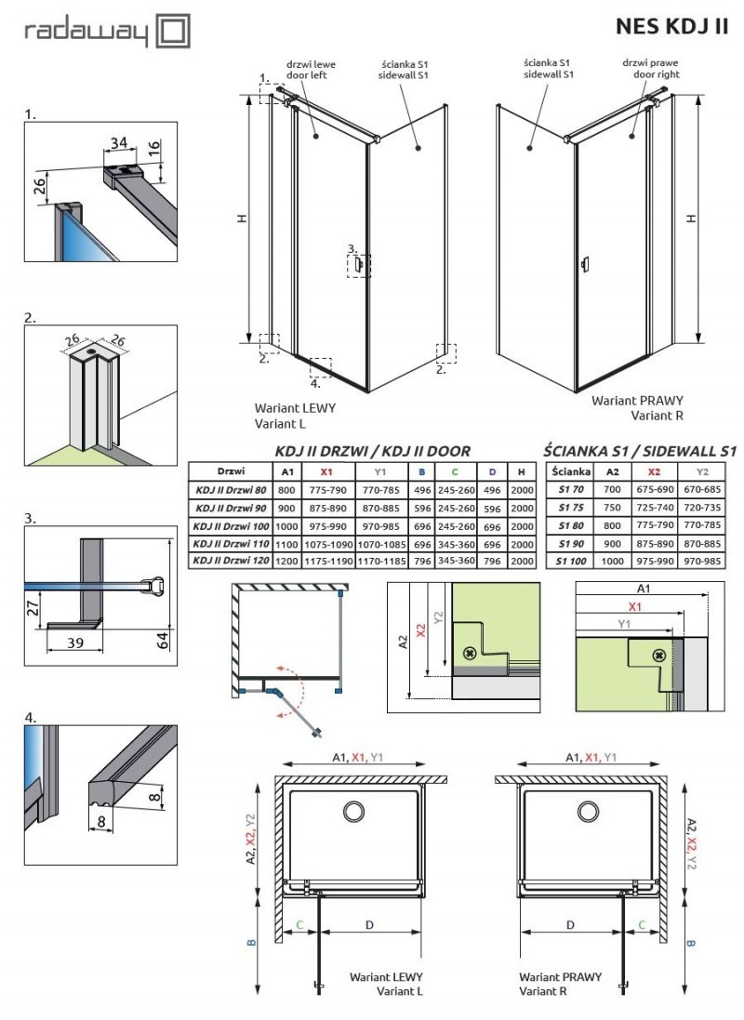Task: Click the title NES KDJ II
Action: [671, 27]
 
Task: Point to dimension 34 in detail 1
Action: [118, 142]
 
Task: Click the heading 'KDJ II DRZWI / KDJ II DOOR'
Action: [372, 451]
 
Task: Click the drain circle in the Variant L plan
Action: [353, 812]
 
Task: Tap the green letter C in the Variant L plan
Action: [299, 925]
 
